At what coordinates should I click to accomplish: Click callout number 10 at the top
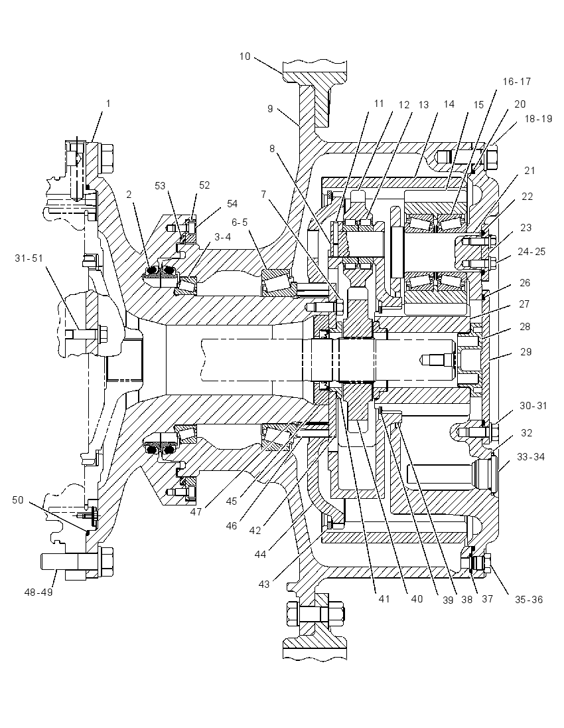tap(244, 56)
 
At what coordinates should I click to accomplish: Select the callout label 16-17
tap(517, 82)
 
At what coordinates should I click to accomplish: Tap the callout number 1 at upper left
tap(109, 104)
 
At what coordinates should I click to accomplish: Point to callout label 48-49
tap(38, 592)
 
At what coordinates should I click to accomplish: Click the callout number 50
tap(18, 501)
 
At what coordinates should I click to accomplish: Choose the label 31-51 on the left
tap(29, 258)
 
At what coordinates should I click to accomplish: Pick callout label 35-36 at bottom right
tap(528, 600)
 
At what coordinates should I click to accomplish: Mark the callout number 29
tap(526, 352)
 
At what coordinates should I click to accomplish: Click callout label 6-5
tap(240, 223)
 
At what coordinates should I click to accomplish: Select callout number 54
tap(232, 204)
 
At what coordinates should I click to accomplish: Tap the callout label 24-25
tap(531, 252)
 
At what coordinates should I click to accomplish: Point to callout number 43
tap(264, 584)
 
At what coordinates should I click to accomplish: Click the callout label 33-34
tap(531, 457)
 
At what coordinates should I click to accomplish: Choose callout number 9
tap(271, 109)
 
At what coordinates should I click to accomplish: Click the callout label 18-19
tap(539, 119)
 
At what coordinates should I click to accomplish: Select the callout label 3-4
tap(223, 237)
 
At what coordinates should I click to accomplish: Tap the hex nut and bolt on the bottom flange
tap(315, 614)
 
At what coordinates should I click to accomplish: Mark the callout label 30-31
tap(533, 406)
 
